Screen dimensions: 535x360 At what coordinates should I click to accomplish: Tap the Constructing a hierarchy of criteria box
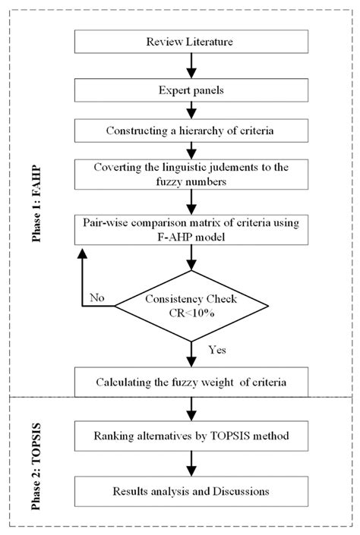point(193,132)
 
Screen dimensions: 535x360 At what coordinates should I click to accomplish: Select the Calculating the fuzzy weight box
point(193,380)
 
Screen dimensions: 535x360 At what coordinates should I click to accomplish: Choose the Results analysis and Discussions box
point(193,491)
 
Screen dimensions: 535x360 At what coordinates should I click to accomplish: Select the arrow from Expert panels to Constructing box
point(193,110)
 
